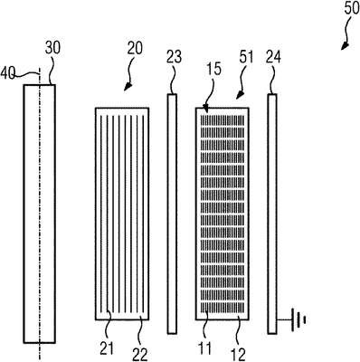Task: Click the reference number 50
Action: pyautogui.click(x=352, y=8)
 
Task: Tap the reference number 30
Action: pyautogui.click(x=52, y=48)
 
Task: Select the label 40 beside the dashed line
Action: pyautogui.click(x=8, y=73)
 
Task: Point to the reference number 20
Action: pyautogui.click(x=135, y=48)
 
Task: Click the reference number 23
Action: pyautogui.click(x=175, y=57)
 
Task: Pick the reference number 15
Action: pyautogui.click(x=214, y=70)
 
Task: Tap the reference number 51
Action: pyautogui.click(x=246, y=57)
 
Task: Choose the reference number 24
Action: pyautogui.click(x=273, y=57)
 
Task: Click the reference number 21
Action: pyautogui.click(x=107, y=349)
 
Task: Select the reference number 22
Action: pyautogui.click(x=140, y=355)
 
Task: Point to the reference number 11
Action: pyautogui.click(x=204, y=349)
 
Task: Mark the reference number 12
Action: pyautogui.click(x=239, y=355)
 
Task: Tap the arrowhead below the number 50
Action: pyautogui.click(x=345, y=46)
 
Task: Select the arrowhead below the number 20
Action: pyautogui.click(x=128, y=87)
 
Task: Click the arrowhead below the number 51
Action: pyautogui.click(x=239, y=96)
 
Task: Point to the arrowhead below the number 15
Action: pyautogui.click(x=206, y=108)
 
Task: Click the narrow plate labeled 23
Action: pyautogui.click(x=172, y=214)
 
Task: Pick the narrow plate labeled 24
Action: pyautogui.click(x=272, y=214)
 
